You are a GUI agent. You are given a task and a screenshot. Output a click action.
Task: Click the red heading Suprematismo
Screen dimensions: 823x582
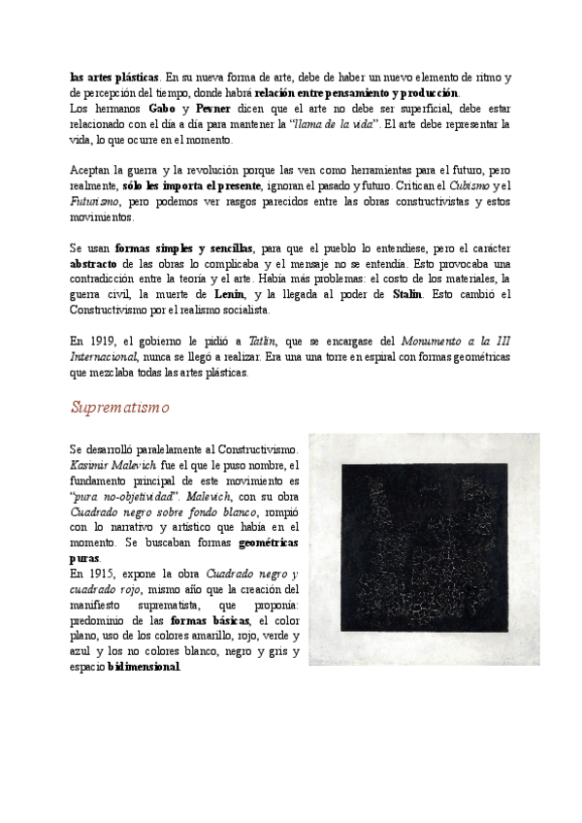tap(119, 408)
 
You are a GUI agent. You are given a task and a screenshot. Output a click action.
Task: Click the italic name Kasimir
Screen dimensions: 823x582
tap(93, 465)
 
